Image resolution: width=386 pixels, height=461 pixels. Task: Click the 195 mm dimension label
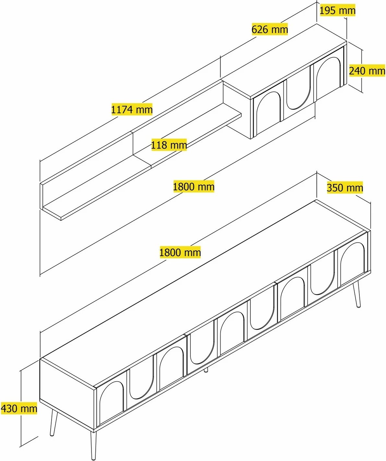point(337,11)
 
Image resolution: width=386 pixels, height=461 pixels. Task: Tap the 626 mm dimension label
point(270,29)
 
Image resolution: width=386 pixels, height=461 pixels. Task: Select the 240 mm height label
point(367,71)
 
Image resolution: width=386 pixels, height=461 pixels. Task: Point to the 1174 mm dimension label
point(132,109)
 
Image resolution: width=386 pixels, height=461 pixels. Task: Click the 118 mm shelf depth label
point(169,145)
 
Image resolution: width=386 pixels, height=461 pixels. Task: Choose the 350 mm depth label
point(345,188)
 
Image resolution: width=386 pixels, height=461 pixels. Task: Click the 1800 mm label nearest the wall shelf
point(194,186)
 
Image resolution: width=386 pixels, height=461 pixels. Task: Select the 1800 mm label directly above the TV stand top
point(180,252)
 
